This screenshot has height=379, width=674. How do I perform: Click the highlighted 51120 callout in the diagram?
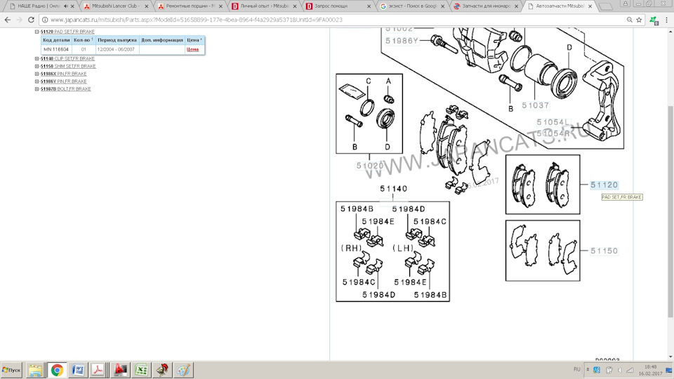point(604,185)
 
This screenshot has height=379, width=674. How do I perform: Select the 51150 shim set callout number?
point(604,251)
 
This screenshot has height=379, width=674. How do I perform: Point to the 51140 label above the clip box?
point(393,189)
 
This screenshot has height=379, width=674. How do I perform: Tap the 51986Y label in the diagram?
point(404,41)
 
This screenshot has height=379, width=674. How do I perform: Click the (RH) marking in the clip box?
point(351,248)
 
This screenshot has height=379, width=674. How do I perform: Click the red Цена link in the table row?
point(192,50)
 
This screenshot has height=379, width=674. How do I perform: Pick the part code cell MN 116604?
point(56,50)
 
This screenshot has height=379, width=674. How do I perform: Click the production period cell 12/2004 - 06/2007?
point(117,50)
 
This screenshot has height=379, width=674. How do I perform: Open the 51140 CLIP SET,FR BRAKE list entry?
point(67,58)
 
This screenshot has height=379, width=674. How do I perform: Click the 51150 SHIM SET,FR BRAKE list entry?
point(68,66)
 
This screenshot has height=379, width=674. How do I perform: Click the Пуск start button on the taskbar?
point(12,369)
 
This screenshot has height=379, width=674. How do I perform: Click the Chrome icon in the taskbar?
point(57,369)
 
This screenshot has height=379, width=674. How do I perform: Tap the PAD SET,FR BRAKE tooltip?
point(622,197)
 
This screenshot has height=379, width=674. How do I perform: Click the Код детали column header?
point(56,41)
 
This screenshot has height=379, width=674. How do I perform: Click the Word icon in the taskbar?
point(78,369)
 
